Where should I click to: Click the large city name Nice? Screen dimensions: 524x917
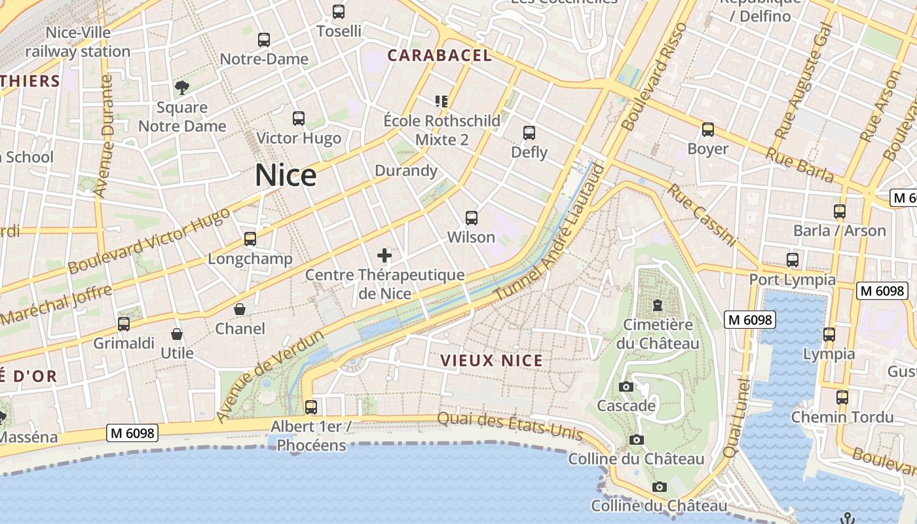[x=286, y=176]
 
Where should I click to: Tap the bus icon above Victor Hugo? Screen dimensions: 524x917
[x=299, y=119]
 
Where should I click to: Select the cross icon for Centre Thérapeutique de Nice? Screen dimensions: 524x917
[x=384, y=255]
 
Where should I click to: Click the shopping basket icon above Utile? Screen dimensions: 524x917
[x=177, y=334]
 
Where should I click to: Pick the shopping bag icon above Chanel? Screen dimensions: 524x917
[x=240, y=309]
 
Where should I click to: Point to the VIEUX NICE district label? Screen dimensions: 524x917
[x=491, y=360]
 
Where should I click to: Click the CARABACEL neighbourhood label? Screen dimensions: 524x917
[x=439, y=56]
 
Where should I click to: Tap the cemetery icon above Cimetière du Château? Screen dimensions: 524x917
[x=657, y=305]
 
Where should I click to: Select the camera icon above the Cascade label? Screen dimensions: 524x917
[x=626, y=386]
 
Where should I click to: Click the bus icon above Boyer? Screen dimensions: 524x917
[x=708, y=130]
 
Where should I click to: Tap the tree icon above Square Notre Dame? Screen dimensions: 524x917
[x=181, y=87]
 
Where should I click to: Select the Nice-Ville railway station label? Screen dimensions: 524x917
[x=78, y=41]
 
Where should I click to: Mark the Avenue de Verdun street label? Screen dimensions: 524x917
[x=270, y=377]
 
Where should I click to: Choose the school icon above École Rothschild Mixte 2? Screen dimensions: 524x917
[x=441, y=101]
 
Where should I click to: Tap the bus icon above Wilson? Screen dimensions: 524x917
[x=471, y=218]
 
